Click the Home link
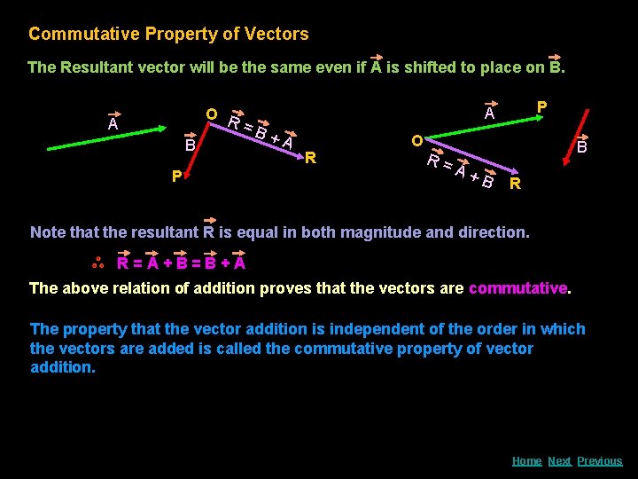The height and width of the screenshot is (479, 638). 526,460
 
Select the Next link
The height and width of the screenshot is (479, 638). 559,460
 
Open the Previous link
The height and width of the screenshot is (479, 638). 600,460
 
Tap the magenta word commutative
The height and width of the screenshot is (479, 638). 517,287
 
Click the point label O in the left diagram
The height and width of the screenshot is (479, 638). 212,115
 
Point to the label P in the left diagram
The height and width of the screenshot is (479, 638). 176,177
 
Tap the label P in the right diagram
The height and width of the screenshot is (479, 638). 541,106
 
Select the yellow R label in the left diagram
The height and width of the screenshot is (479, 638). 310,159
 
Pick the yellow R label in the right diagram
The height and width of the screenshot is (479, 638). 515,185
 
